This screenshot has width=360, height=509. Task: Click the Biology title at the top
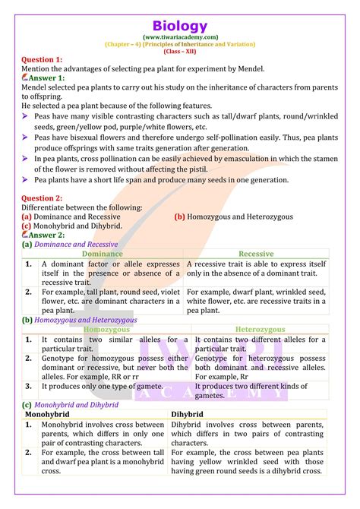[179, 27]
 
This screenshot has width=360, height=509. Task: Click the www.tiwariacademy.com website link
[179, 37]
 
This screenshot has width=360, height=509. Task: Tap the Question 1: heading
[43, 59]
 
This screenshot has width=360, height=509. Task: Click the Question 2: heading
[43, 197]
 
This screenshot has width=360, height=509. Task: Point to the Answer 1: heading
[47, 77]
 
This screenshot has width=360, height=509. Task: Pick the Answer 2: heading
[47, 235]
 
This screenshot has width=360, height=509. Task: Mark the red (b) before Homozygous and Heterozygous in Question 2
[180, 217]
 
